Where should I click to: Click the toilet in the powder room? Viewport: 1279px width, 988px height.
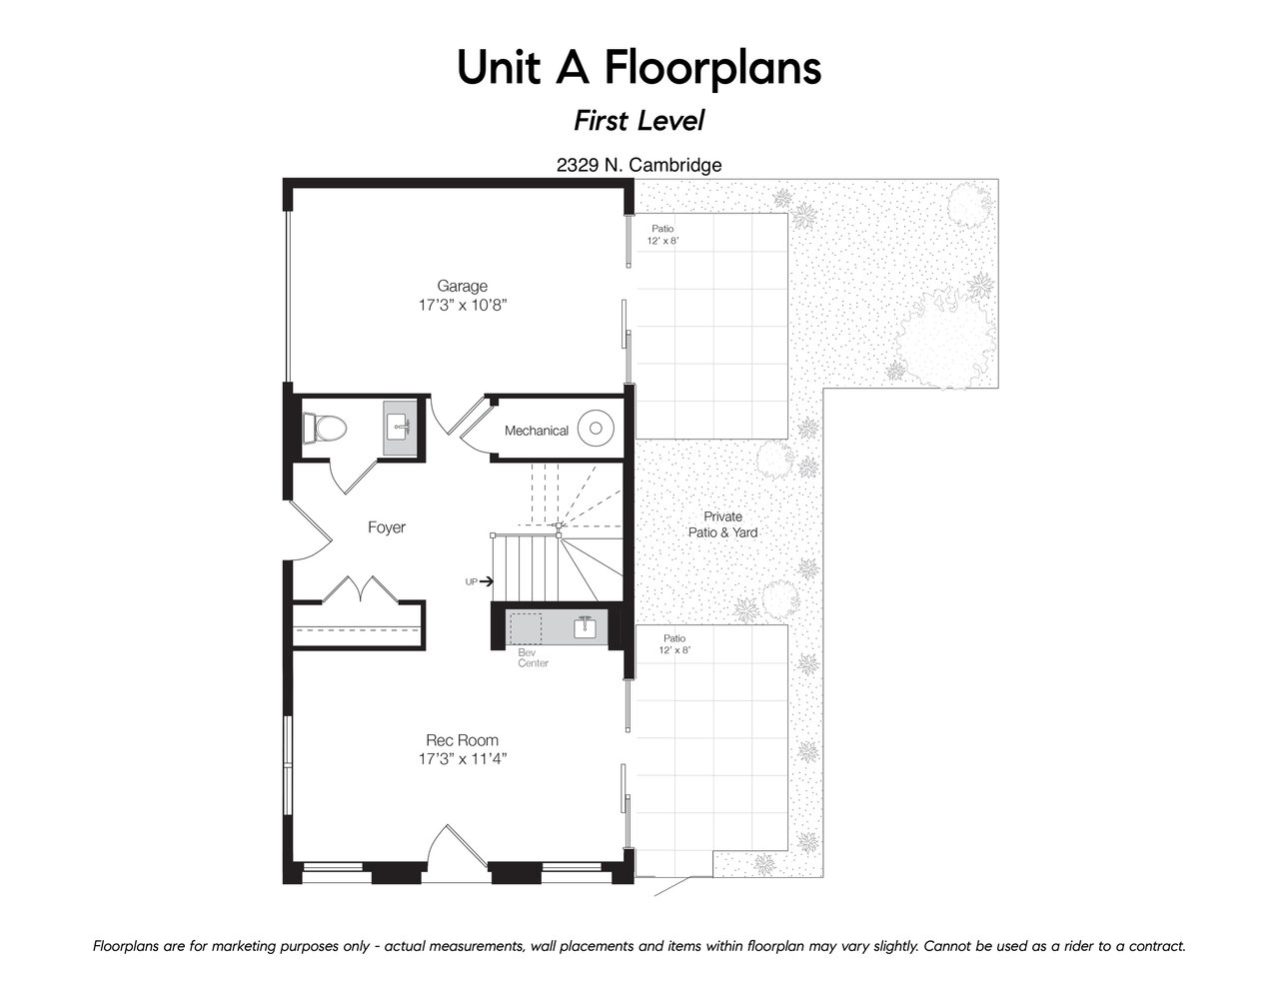click(325, 428)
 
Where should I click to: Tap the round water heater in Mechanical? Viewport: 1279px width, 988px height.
click(596, 429)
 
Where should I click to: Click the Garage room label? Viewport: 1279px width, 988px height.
click(462, 286)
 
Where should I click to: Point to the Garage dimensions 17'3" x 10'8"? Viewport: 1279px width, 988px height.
click(463, 305)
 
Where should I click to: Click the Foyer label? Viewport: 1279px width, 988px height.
click(387, 527)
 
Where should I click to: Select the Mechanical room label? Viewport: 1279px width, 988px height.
click(537, 431)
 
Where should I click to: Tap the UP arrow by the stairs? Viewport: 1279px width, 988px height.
click(487, 582)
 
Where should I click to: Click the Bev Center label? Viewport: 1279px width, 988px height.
click(534, 658)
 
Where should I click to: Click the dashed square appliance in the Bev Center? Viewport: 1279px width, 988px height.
click(526, 628)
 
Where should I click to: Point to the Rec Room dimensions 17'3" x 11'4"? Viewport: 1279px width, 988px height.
click(463, 759)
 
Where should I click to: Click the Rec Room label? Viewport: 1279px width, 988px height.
click(462, 739)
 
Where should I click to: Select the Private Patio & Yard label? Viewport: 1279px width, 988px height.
click(722, 524)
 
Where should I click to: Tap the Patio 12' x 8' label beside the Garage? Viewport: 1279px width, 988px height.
click(662, 234)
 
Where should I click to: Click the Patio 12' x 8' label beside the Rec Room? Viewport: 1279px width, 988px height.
click(674, 643)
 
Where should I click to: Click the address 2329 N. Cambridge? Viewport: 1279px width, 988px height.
click(639, 165)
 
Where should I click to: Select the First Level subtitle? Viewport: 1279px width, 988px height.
click(639, 121)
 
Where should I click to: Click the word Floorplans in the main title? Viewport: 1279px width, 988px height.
click(712, 68)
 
